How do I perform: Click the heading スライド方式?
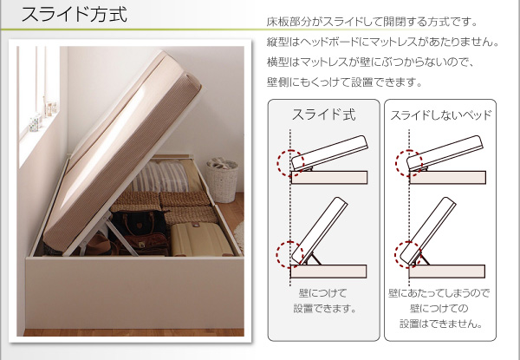74,15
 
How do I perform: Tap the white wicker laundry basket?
222,180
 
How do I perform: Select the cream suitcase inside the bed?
200,239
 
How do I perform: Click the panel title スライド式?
323,115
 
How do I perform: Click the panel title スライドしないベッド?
440,115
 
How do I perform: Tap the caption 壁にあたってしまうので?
439,293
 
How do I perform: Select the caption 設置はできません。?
441,324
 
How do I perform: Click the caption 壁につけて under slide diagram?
322,293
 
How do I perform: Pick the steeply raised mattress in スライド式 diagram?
319,230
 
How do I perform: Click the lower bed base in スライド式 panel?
328,272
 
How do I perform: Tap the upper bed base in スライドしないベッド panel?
447,178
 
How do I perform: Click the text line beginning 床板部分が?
372,22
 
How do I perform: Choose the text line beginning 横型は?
371,62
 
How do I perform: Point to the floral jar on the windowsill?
35,123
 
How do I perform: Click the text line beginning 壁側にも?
344,82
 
